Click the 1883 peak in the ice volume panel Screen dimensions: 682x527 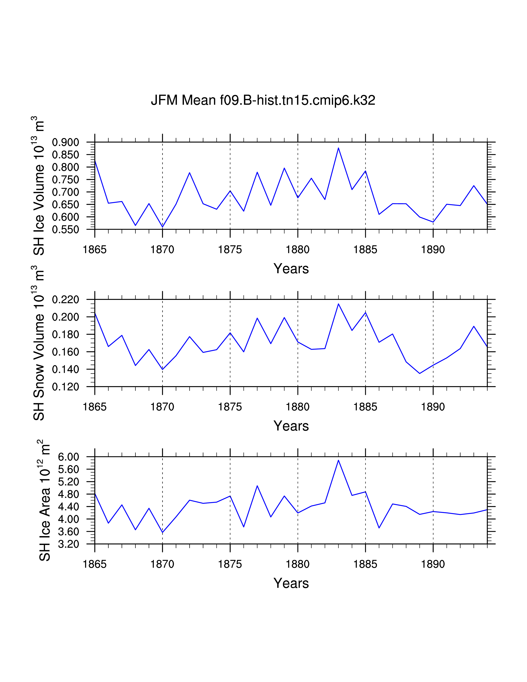[339, 148]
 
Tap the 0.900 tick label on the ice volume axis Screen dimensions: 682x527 [66, 142]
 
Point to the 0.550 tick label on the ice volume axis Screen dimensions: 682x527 [66, 230]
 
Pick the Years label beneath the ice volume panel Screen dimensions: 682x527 [291, 268]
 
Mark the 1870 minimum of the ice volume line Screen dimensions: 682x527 [162, 227]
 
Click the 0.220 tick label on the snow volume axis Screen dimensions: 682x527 [66, 300]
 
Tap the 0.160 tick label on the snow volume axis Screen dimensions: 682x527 [66, 352]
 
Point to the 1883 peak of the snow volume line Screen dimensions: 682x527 [339, 304]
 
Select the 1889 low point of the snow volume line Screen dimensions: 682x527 [420, 373]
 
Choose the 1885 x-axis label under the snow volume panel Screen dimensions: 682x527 [365, 407]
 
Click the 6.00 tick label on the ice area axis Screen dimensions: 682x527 [69, 457]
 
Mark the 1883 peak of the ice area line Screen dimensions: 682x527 [339, 460]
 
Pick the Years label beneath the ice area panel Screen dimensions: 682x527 [291, 583]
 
